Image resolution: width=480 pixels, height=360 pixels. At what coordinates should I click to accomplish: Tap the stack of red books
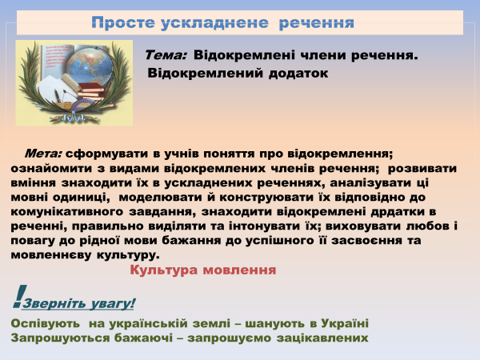(95, 93)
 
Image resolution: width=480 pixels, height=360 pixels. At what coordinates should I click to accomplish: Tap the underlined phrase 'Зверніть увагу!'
(79, 303)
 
